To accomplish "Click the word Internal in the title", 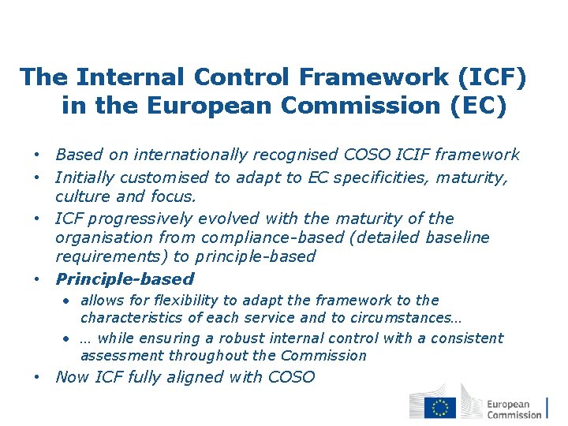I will coord(132,77).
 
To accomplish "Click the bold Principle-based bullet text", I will coord(124,278).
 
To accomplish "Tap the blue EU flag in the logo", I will coord(439,408).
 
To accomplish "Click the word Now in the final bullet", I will coord(72,377).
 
